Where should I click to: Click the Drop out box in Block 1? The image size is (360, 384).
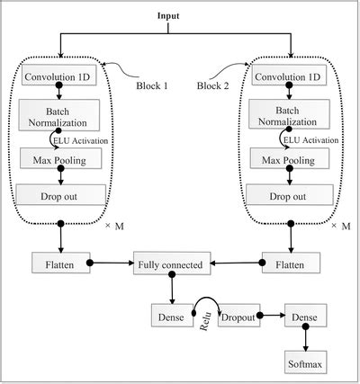point(60,195)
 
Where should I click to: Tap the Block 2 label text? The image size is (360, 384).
point(213,84)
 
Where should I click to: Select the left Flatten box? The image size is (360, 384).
point(60,264)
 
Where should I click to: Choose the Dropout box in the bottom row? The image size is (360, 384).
point(238,317)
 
